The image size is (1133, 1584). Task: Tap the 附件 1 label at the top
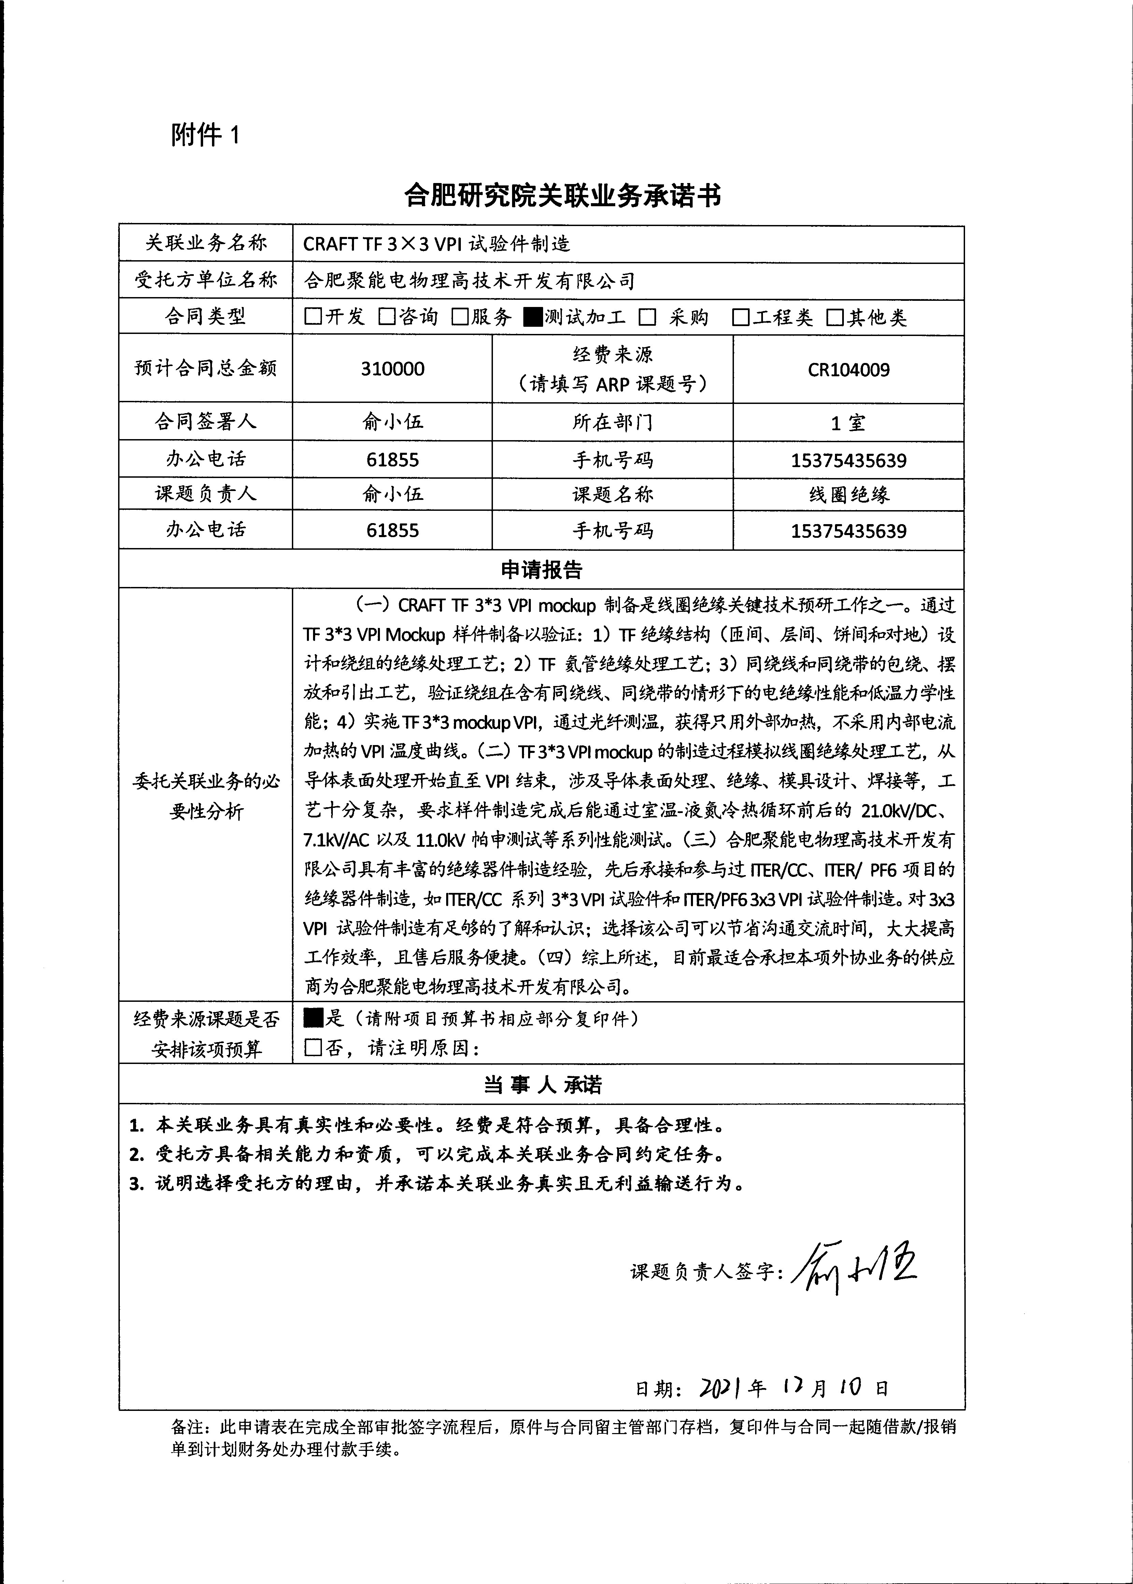coord(205,135)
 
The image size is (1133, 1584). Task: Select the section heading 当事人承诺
coord(541,1084)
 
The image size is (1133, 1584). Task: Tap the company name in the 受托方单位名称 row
coord(469,281)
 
